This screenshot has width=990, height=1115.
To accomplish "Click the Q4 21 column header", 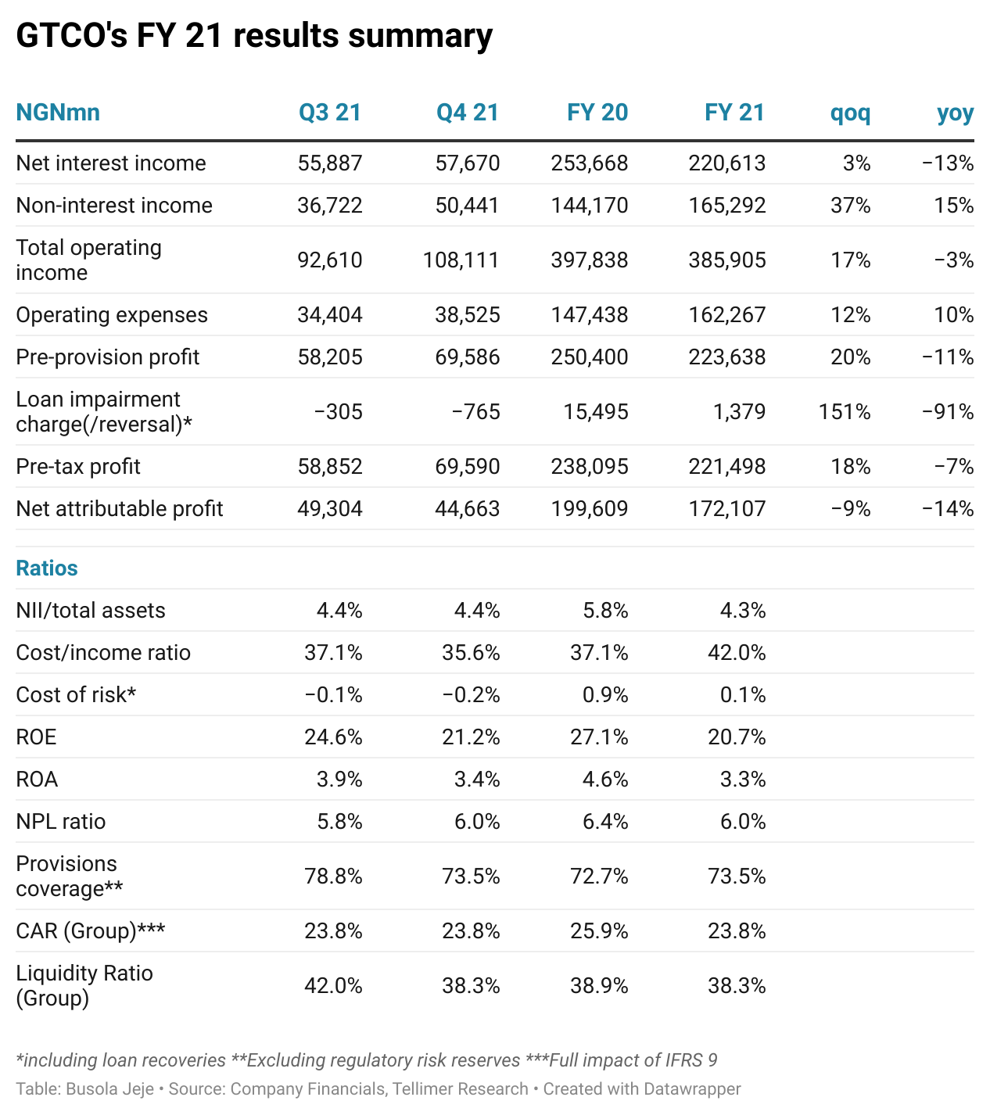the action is pyautogui.click(x=467, y=113).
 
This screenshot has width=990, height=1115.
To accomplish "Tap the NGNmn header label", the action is pyautogui.click(x=58, y=113).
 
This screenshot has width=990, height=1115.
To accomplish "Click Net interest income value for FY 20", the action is pyautogui.click(x=590, y=163).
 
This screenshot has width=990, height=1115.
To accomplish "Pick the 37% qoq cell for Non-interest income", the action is pyautogui.click(x=850, y=206).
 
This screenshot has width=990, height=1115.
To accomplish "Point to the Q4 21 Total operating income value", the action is pyautogui.click(x=461, y=260).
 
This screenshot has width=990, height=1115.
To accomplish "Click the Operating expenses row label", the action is pyautogui.click(x=112, y=315).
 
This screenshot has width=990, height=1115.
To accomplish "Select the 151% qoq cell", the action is pyautogui.click(x=845, y=412).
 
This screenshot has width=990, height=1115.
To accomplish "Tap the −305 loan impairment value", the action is pyautogui.click(x=339, y=412).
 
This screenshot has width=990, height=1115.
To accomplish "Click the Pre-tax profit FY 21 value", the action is pyautogui.click(x=727, y=467).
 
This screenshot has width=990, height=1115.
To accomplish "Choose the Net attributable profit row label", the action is pyautogui.click(x=120, y=509).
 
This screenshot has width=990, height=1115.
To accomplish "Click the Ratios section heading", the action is pyautogui.click(x=47, y=568).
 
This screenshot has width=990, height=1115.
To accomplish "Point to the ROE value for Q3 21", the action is pyautogui.click(x=333, y=737).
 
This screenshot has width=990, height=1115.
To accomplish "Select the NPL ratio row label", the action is pyautogui.click(x=60, y=822).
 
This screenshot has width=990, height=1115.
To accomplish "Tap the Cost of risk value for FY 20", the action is pyautogui.click(x=605, y=695).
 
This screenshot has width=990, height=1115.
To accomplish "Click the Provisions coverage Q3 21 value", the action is pyautogui.click(x=333, y=877).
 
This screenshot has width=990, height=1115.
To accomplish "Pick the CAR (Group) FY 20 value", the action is pyautogui.click(x=599, y=931).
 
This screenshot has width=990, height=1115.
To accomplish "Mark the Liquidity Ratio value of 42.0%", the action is pyautogui.click(x=333, y=986).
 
